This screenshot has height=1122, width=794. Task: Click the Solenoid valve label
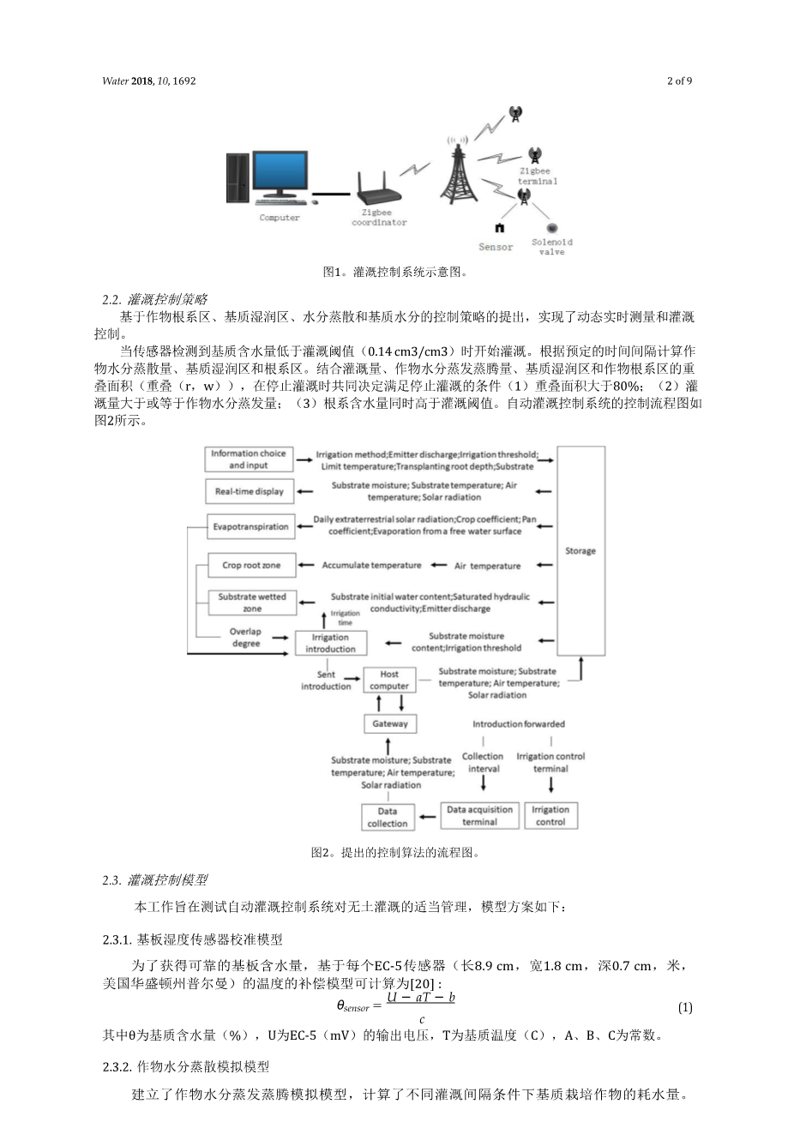point(552,247)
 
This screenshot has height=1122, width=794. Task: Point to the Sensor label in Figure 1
point(496,247)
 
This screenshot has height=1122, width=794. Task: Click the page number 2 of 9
point(679,81)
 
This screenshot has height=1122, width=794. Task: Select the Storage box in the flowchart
point(580,550)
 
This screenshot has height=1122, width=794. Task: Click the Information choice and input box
point(249,459)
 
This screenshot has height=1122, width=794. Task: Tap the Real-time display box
point(249,491)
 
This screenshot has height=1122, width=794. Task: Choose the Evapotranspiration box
point(251,526)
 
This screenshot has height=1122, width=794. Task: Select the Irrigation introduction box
point(330,643)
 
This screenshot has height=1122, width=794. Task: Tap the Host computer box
point(389,680)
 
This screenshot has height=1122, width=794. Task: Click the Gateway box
point(390,723)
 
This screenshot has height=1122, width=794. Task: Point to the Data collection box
point(388,817)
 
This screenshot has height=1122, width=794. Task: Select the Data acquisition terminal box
point(479,815)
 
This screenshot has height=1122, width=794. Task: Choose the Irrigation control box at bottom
point(550,815)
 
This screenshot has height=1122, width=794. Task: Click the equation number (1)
point(685,1007)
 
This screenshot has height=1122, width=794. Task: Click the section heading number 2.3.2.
point(117,1066)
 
